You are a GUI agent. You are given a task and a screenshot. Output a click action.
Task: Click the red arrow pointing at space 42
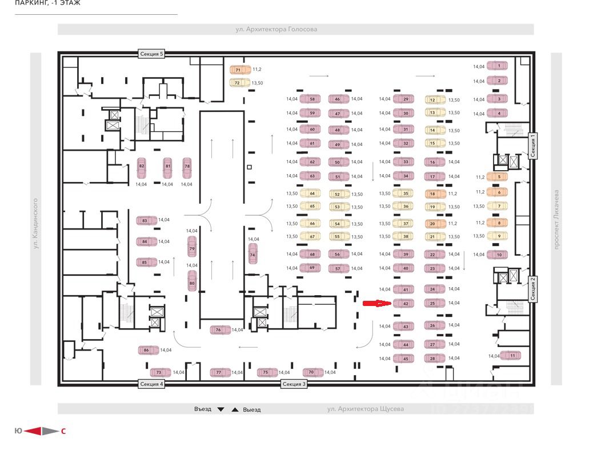[377, 303]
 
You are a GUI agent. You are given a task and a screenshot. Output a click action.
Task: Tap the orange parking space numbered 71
[241, 70]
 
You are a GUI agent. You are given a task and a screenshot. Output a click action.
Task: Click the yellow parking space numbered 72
[241, 83]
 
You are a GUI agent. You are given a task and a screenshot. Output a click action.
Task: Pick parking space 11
[511, 356]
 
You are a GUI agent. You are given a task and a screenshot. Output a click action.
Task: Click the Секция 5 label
[151, 54]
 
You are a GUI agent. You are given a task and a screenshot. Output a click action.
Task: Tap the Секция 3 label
[294, 384]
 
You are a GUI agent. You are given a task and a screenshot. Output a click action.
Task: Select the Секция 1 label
[532, 147]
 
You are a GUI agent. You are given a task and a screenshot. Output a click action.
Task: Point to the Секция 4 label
[151, 384]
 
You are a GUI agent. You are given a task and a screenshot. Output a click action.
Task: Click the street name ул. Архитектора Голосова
[277, 29]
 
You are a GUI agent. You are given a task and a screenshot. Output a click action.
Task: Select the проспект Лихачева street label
[556, 219]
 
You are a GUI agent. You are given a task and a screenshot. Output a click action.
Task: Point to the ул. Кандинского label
[35, 223]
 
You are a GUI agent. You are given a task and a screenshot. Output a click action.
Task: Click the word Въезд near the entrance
[202, 409]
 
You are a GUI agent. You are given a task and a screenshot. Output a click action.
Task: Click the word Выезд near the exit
[251, 409]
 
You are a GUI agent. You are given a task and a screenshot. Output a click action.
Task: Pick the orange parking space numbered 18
[434, 194]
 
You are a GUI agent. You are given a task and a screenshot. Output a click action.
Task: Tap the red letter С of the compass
[63, 431]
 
